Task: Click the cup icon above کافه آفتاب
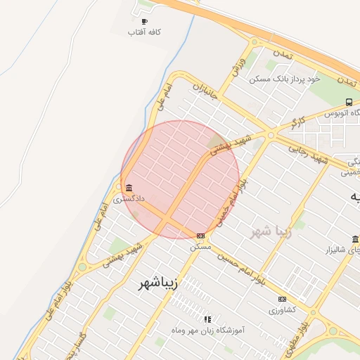click(x=145, y=22)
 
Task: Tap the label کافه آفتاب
click(x=145, y=32)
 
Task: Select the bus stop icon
click(x=349, y=102)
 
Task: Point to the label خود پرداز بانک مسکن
click(x=285, y=79)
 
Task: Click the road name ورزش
click(x=238, y=64)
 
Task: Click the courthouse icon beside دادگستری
click(x=128, y=188)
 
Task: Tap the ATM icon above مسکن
click(x=201, y=236)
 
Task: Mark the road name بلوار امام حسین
click(x=241, y=269)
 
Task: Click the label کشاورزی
click(x=283, y=309)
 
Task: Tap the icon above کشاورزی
click(x=283, y=299)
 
